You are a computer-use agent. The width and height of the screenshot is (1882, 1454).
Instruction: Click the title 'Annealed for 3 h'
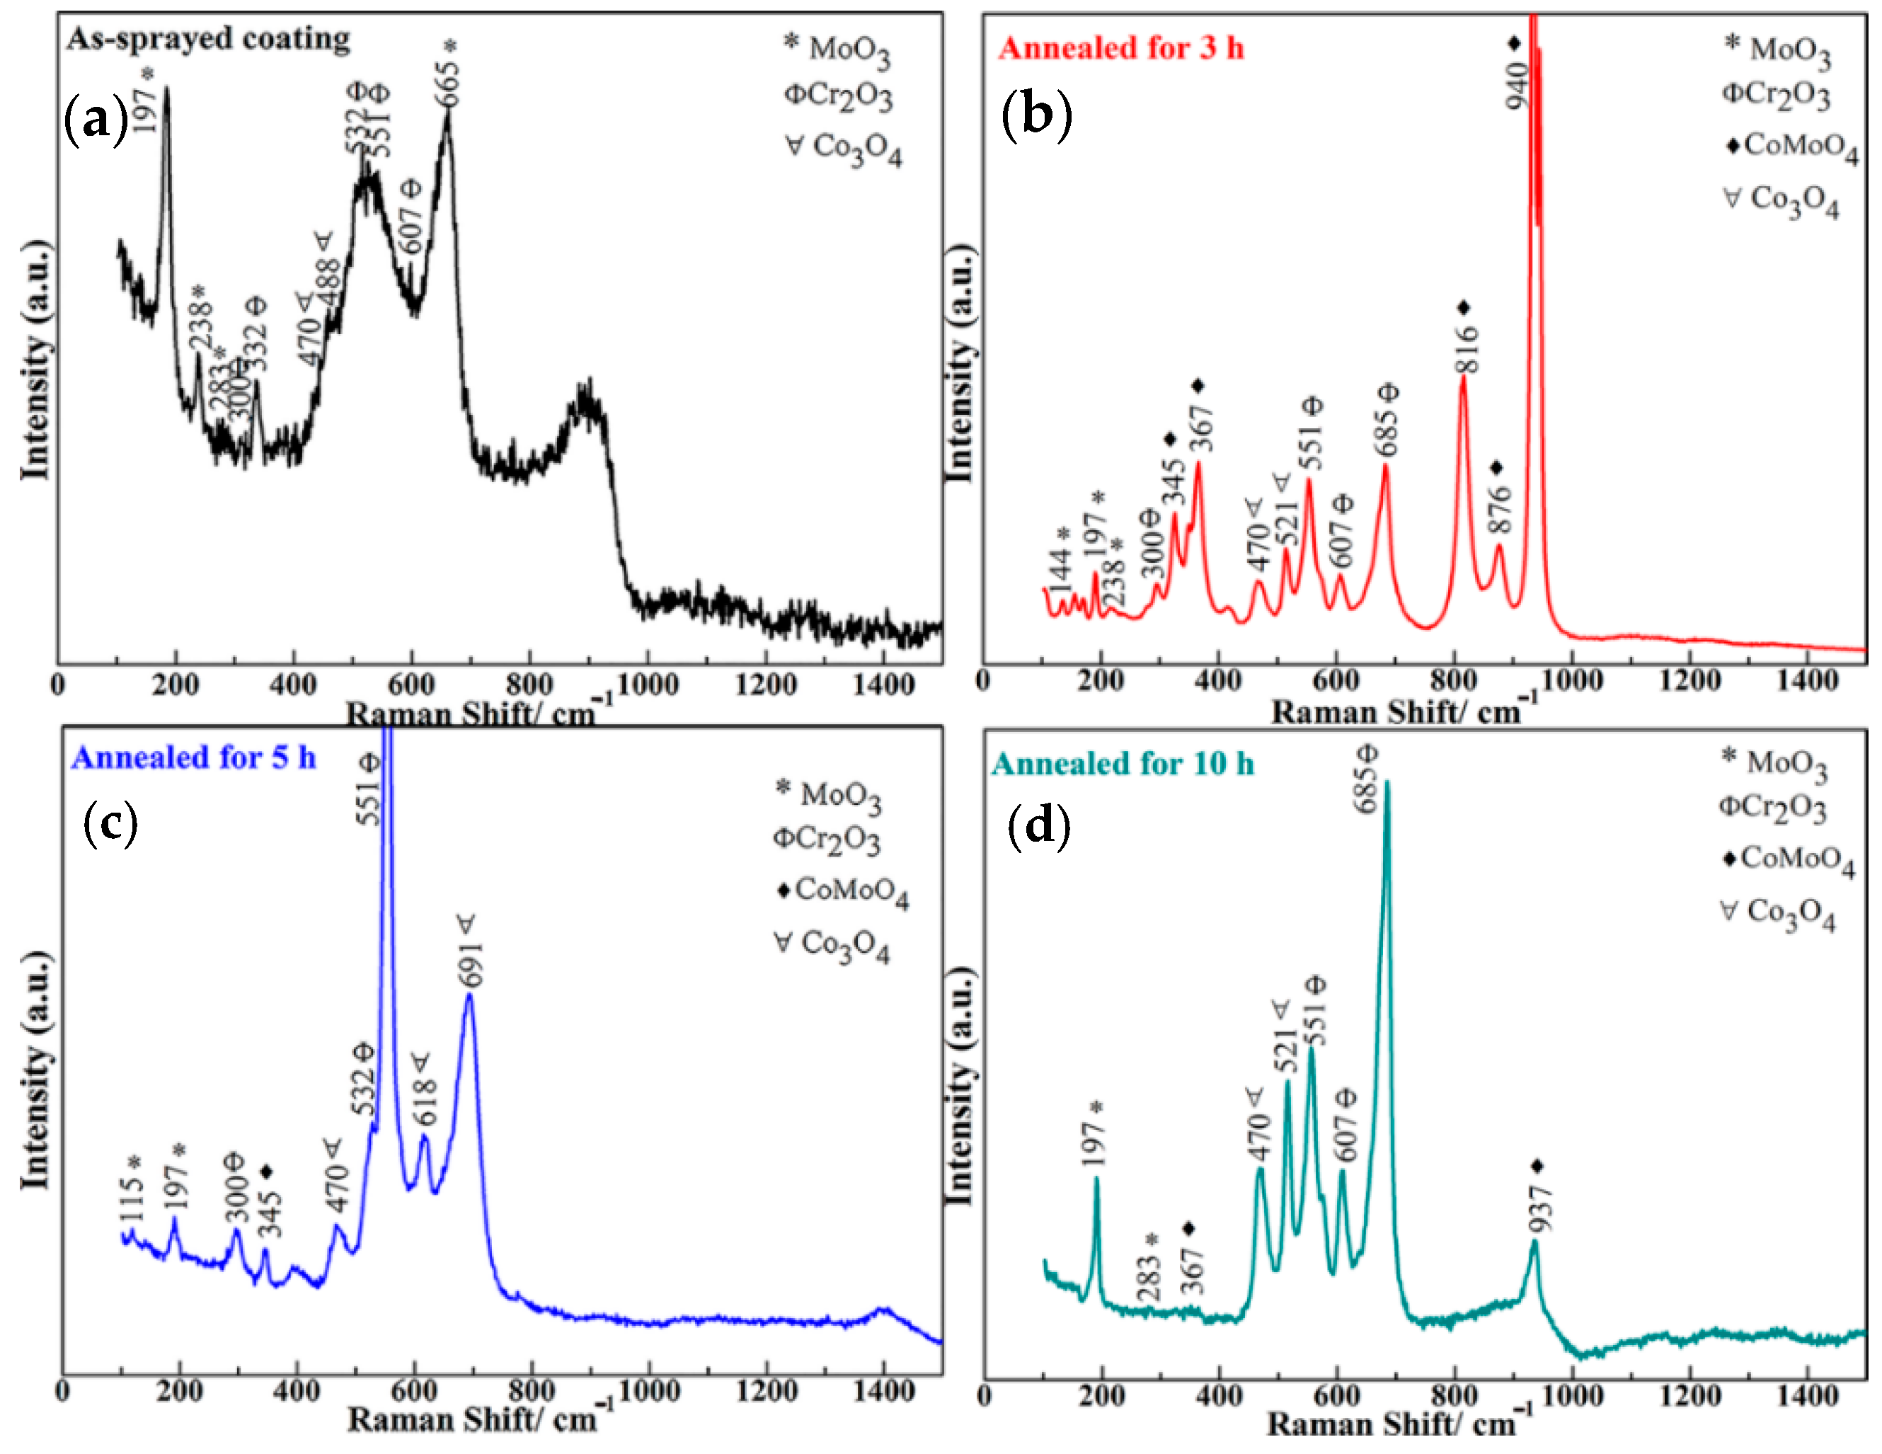1121,48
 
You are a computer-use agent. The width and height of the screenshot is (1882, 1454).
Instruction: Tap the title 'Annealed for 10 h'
1122,764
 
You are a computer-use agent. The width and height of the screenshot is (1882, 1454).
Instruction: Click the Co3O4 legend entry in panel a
844,148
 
